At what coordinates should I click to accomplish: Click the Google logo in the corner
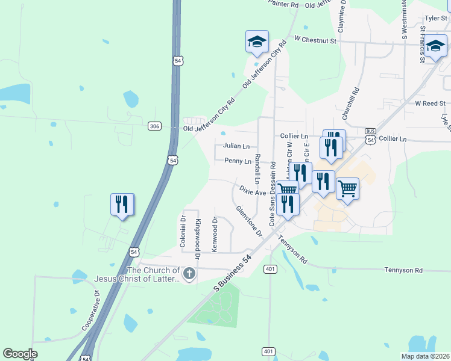tap(20, 354)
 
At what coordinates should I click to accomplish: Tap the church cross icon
tap(189, 274)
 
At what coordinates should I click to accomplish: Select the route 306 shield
tap(154, 125)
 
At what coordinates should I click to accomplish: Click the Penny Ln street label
tap(238, 161)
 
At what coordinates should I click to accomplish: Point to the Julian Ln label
tap(236, 146)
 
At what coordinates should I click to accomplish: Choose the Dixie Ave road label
tap(253, 191)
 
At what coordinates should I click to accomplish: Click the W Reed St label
tap(429, 103)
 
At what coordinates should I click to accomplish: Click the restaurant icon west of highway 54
tap(122, 205)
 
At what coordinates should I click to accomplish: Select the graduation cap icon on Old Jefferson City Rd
tap(257, 42)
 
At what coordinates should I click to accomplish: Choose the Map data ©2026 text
tap(424, 356)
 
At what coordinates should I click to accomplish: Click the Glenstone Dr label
tap(250, 221)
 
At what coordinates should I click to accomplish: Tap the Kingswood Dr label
tap(198, 236)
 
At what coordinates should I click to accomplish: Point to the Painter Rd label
tap(283, 4)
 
